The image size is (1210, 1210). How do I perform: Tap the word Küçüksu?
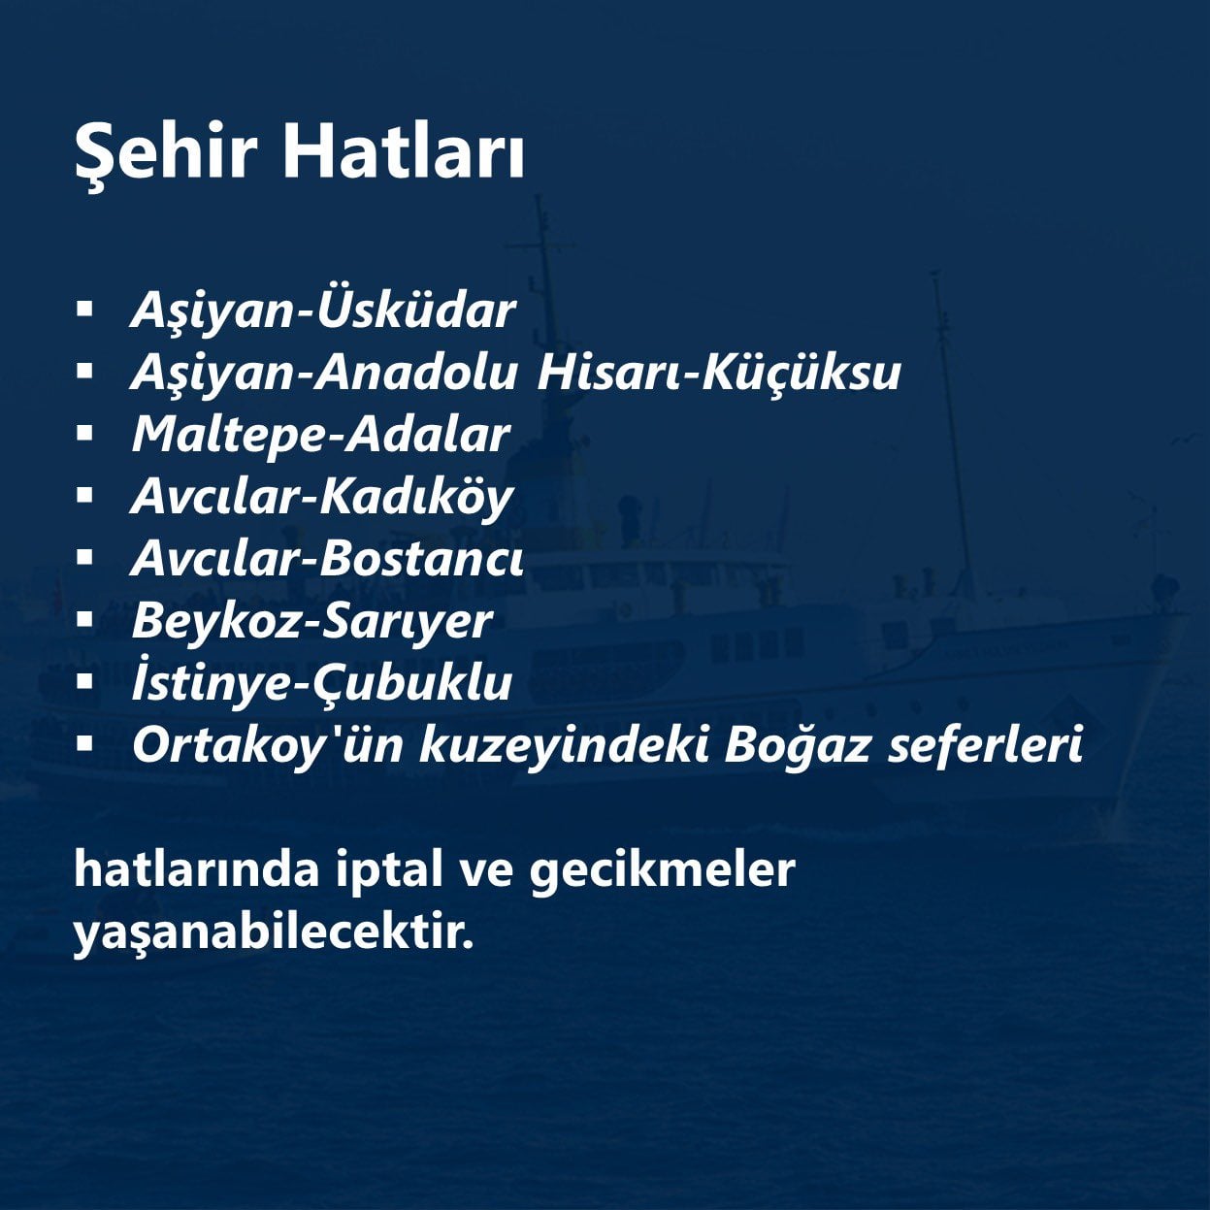pos(801,372)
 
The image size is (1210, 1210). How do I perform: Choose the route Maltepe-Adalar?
pos(321,435)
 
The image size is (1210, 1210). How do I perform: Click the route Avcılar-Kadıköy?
pos(322,498)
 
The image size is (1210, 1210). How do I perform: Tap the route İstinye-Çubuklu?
pos(322,682)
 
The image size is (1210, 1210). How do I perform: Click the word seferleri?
pos(986,744)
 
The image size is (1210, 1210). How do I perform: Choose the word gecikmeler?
pos(663,870)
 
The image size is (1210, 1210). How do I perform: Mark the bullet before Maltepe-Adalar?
pos(84,434)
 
